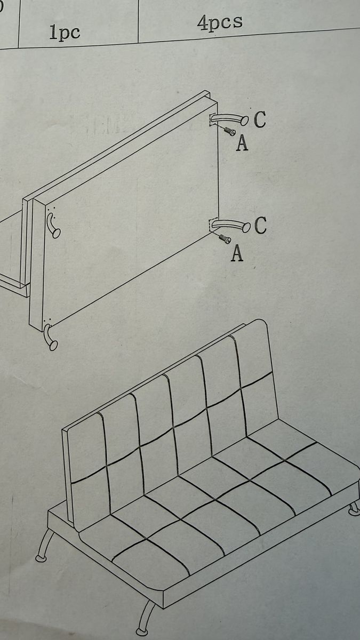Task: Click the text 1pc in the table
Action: point(65,33)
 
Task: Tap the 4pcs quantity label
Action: point(220,22)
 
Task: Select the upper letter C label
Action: point(260,119)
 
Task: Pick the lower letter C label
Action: point(260,225)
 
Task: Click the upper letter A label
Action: point(242,143)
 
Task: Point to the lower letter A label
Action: point(237,253)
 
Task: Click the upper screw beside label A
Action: point(230,131)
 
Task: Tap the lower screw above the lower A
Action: point(225,239)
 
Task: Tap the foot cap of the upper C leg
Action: point(245,121)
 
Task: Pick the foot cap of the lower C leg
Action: point(246,227)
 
